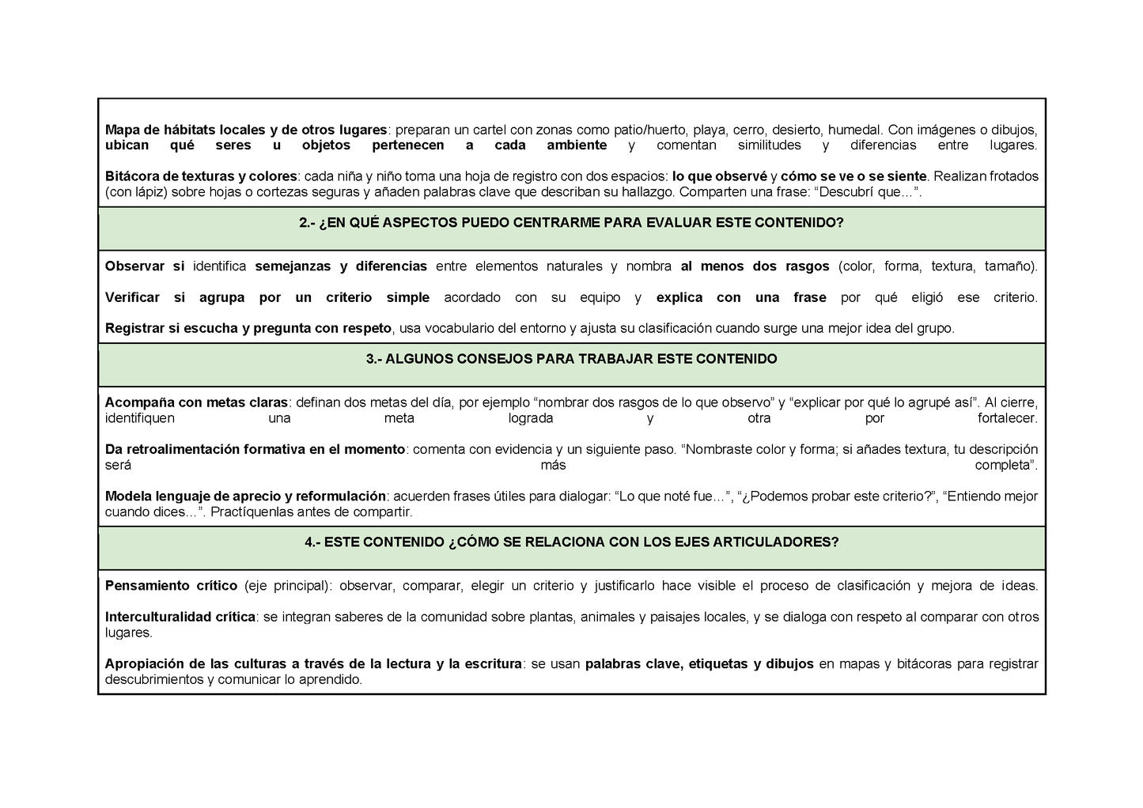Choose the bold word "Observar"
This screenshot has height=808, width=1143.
134,266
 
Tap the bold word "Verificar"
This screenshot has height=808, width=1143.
132,298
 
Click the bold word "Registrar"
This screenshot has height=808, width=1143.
134,329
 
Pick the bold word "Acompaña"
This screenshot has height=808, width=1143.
134,402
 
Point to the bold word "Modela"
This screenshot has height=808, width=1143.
127,497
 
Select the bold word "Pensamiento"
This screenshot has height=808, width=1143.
144,586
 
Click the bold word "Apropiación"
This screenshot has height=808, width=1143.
143,664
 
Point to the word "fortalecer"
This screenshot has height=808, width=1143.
1007,418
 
